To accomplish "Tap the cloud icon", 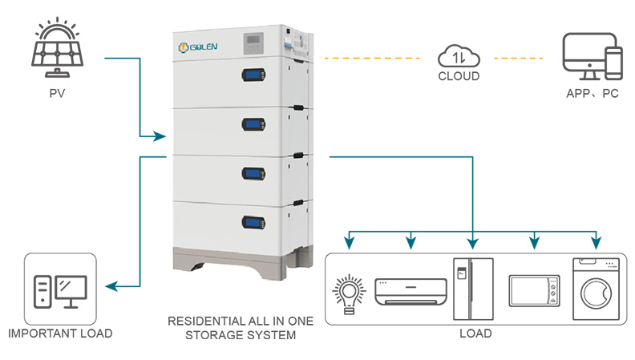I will pos(459,57).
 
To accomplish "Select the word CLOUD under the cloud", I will pos(459,77).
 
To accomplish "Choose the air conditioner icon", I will pos(411,290).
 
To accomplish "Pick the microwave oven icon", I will pos(532,290).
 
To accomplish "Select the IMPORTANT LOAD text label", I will pos(59,334).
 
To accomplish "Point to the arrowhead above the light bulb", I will pos(348,241).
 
